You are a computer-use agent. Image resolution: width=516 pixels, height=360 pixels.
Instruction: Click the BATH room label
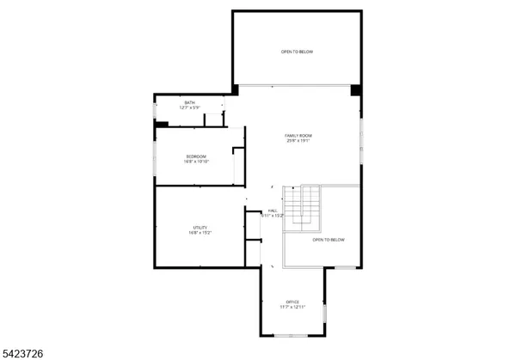click(x=189, y=103)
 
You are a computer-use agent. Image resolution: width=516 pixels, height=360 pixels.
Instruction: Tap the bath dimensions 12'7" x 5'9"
click(x=189, y=108)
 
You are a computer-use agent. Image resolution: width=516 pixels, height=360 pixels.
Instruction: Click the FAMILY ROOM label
click(x=298, y=136)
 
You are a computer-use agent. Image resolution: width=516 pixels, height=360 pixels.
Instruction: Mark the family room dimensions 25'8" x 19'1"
click(x=298, y=141)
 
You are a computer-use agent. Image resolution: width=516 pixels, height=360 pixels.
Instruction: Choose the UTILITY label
click(x=200, y=228)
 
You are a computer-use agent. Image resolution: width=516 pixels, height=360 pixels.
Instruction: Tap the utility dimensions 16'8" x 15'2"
click(x=200, y=233)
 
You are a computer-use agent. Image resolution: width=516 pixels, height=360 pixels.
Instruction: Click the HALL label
click(x=273, y=211)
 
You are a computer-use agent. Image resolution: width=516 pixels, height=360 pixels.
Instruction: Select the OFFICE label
click(x=292, y=302)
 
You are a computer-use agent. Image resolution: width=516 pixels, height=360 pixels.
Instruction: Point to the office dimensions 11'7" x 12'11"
click(x=292, y=307)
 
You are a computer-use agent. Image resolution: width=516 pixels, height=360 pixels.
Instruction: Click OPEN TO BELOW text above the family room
click(x=297, y=52)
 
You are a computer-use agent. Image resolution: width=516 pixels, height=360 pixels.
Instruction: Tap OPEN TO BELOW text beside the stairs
click(x=329, y=240)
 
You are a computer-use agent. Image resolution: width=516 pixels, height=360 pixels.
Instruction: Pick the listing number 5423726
click(x=25, y=352)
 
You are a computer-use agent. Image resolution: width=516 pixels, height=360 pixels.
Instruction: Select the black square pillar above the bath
click(x=234, y=89)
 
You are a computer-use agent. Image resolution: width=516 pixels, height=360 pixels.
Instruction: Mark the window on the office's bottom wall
click(x=292, y=336)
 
